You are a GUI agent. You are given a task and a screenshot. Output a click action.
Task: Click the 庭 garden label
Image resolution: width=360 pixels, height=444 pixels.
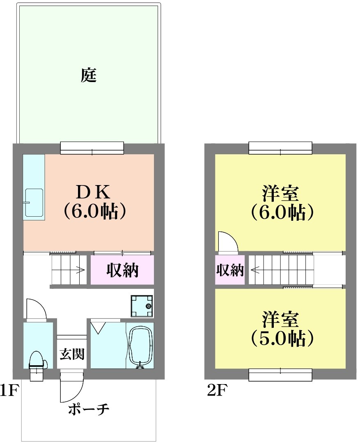tap(89, 75)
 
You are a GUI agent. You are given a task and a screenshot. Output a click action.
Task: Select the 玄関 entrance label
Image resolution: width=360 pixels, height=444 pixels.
tap(72, 354)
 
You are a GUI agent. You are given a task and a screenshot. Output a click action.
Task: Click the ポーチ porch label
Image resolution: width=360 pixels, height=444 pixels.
tap(89, 409)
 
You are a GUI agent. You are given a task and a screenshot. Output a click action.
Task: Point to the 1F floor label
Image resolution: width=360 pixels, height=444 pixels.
tap(9, 390)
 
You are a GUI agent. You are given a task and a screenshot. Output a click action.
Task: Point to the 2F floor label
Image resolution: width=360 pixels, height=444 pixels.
tap(217, 390)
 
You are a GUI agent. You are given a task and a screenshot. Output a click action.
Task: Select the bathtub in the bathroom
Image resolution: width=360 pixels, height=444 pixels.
tap(141, 347)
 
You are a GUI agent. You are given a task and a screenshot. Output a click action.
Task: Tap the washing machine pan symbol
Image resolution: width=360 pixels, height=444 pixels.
tap(142, 306)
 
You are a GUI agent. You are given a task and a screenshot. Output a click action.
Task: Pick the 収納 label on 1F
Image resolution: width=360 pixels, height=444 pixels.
tap(122, 270)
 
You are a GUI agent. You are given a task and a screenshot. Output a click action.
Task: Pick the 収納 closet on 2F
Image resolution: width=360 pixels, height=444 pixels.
tap(230, 270)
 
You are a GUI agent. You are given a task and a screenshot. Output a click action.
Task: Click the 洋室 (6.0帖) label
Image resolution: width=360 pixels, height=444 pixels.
tap(281, 202)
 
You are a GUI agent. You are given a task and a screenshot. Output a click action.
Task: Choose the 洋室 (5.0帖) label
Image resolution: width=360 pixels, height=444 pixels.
tap(281, 328)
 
